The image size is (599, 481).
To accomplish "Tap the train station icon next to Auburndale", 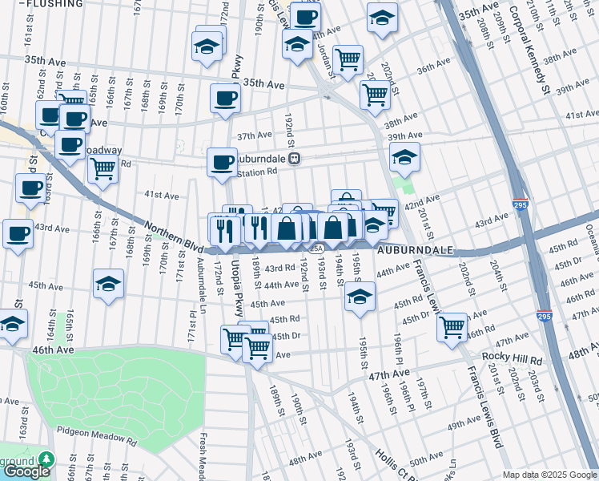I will pyautogui.click(x=295, y=159).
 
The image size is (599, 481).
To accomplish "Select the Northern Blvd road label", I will pyautogui.click(x=173, y=235).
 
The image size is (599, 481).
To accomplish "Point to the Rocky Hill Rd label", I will pyautogui.click(x=512, y=356).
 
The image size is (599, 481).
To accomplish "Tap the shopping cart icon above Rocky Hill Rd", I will pyautogui.click(x=452, y=327).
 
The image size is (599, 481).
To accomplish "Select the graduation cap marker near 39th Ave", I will pyautogui.click(x=405, y=156).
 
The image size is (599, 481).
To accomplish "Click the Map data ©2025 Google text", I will pyautogui.click(x=549, y=475).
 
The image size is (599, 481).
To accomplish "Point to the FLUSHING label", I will pyautogui.click(x=54, y=4).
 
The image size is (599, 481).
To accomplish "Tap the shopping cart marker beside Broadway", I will pyautogui.click(x=103, y=169).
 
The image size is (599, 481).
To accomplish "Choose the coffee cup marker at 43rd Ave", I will pyautogui.click(x=18, y=234).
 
